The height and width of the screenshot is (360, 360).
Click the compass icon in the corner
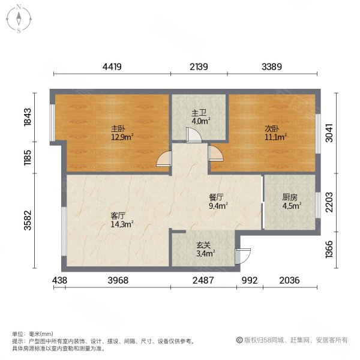tap(19, 18)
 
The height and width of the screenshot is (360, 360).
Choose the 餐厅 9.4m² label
tap(217, 200)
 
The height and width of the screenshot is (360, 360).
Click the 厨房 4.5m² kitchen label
tap(290, 200)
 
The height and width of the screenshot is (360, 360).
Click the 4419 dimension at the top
tap(112, 67)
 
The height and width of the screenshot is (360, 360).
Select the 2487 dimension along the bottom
tap(203, 280)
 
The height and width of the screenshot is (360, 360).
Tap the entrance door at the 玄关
tap(242, 256)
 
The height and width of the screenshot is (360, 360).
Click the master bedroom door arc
tap(163, 160)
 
